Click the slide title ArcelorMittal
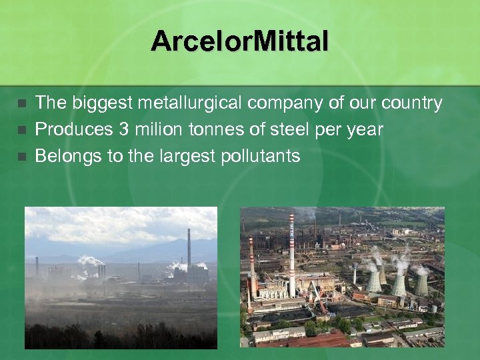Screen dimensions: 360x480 click(x=239, y=41)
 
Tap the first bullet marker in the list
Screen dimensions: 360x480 click(x=22, y=104)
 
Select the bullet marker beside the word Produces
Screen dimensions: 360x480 click(x=22, y=130)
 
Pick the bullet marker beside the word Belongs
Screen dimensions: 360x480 click(x=22, y=157)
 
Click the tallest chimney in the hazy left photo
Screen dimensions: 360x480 click(x=189, y=247)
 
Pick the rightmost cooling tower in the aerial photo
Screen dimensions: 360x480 click(x=421, y=283)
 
